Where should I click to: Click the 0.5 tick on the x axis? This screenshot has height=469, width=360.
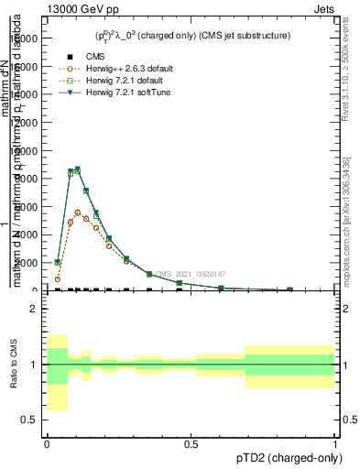point(191,443)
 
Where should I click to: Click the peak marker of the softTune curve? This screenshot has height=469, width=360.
point(78,169)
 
